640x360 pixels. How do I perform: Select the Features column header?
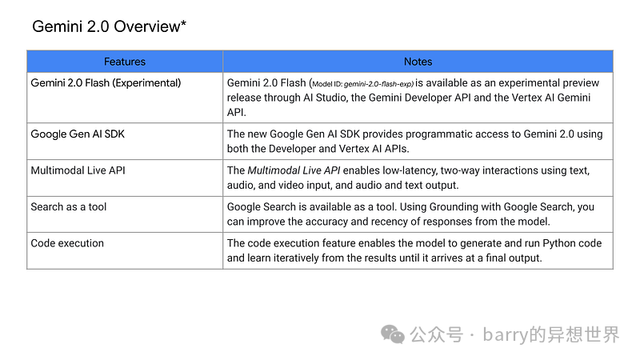click(x=125, y=62)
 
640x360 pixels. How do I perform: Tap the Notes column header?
click(x=418, y=62)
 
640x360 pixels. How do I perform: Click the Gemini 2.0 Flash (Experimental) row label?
click(x=106, y=83)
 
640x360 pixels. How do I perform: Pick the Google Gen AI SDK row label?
click(x=78, y=134)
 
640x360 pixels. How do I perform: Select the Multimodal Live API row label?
click(x=78, y=170)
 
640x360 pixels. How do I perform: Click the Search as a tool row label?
click(x=69, y=207)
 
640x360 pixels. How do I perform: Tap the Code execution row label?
click(x=67, y=243)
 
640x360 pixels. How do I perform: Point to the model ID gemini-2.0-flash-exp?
click(x=378, y=84)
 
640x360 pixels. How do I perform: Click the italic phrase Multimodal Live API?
click(x=294, y=170)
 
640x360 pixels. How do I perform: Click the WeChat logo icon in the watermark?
click(x=393, y=334)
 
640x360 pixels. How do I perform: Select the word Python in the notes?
click(x=558, y=244)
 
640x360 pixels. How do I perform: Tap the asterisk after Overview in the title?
click(x=184, y=23)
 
